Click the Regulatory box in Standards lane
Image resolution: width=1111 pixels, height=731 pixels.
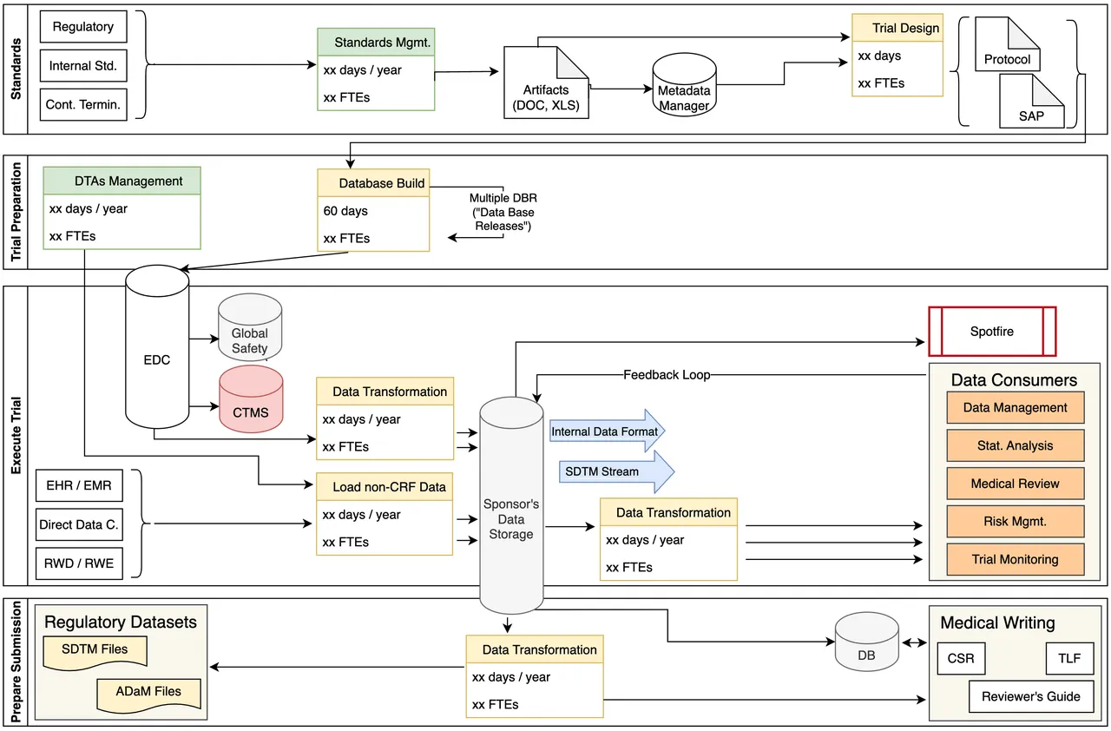click(x=83, y=27)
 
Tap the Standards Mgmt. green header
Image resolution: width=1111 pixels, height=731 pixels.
click(x=376, y=42)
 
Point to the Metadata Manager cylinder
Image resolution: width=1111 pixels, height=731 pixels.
click(x=684, y=87)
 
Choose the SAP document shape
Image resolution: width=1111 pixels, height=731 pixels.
click(x=1031, y=102)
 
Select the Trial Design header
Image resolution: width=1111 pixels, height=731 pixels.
click(x=897, y=28)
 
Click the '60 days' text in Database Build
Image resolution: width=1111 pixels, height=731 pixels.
click(x=345, y=211)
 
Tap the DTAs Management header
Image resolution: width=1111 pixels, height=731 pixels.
click(x=122, y=181)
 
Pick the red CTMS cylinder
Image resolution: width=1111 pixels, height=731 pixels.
click(x=251, y=398)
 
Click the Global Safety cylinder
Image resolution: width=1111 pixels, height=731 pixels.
click(x=250, y=329)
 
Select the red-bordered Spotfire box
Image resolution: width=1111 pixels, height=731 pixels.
click(x=992, y=332)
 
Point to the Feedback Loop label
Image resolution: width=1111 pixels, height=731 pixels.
click(x=666, y=375)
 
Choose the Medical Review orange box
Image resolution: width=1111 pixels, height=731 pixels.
click(x=1015, y=484)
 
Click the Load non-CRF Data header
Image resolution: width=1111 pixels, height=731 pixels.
click(x=385, y=487)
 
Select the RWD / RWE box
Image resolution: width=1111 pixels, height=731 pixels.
click(x=79, y=563)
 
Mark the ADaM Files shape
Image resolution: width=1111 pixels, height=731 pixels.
click(x=149, y=692)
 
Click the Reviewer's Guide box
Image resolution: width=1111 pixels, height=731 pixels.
click(x=1030, y=696)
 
